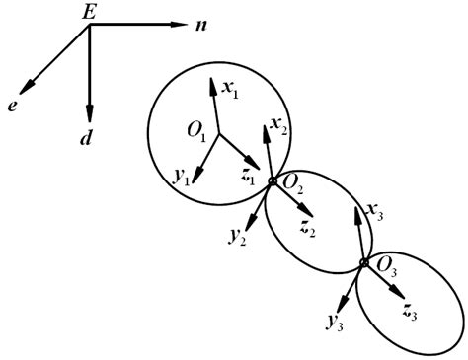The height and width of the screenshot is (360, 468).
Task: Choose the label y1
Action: (180, 178)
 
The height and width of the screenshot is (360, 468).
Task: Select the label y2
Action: (237, 238)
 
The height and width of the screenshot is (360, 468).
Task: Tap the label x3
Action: (376, 210)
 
